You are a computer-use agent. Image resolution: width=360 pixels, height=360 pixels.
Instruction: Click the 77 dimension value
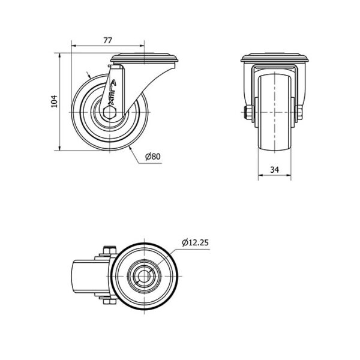107,40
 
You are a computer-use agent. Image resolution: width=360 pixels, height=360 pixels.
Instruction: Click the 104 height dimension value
54,101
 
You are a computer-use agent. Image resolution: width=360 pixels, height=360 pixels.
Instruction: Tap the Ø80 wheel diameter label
153,157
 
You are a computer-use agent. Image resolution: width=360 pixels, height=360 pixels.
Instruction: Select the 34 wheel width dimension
274,170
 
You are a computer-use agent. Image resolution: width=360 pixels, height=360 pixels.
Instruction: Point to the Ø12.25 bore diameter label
195,242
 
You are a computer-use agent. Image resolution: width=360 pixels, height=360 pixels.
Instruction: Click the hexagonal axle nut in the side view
110,112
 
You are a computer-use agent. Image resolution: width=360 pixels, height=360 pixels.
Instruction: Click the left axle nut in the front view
248,113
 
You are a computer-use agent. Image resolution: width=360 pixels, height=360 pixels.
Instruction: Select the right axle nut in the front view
299,113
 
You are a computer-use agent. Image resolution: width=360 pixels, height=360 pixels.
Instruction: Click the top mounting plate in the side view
144,58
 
